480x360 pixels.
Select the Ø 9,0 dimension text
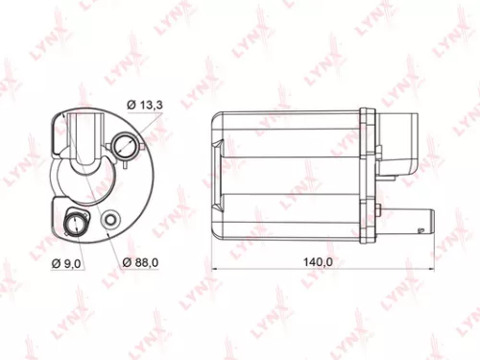point(69,263)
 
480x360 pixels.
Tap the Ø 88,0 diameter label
point(141,263)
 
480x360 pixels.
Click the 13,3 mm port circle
point(125,147)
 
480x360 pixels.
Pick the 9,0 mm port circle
point(73,226)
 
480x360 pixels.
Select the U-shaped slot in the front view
point(86,144)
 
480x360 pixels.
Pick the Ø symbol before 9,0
point(56,263)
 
